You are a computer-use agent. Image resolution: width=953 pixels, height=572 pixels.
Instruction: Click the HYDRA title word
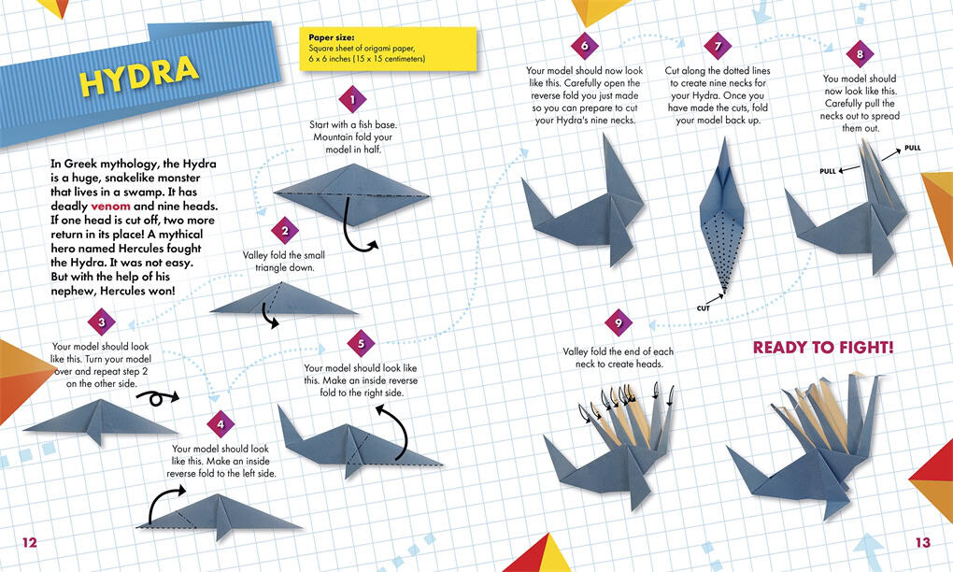(x=139, y=75)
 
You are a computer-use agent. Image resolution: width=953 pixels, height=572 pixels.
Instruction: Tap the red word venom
(x=110, y=206)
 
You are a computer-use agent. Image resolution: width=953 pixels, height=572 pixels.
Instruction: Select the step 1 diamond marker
(x=352, y=100)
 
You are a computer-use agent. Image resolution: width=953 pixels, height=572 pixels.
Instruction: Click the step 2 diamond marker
(x=285, y=230)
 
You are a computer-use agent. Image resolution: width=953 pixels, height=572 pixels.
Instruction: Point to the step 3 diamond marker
(x=102, y=322)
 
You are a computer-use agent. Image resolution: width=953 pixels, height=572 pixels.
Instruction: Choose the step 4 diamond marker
(x=220, y=424)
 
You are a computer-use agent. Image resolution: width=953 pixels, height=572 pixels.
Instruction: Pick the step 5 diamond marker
(x=361, y=343)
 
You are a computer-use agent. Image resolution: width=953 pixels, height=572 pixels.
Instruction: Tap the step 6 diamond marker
(x=585, y=46)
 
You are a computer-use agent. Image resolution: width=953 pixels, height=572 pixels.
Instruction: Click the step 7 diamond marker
(x=718, y=46)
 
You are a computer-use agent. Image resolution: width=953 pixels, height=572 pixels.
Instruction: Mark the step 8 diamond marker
(x=860, y=54)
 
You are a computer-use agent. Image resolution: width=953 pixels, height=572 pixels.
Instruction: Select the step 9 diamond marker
(x=619, y=322)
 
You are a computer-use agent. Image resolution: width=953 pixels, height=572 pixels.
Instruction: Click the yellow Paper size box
(x=388, y=49)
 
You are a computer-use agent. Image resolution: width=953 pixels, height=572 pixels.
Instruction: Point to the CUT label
(x=704, y=308)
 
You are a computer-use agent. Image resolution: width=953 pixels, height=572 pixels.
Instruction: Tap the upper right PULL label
(x=912, y=148)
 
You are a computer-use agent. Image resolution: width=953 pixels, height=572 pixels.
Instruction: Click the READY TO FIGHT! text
(x=823, y=347)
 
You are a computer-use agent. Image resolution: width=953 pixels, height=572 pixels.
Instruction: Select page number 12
(x=30, y=542)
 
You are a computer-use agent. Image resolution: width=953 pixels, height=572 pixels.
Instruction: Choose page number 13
(x=922, y=542)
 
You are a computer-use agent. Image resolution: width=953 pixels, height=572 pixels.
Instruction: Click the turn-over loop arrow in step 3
(x=157, y=397)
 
